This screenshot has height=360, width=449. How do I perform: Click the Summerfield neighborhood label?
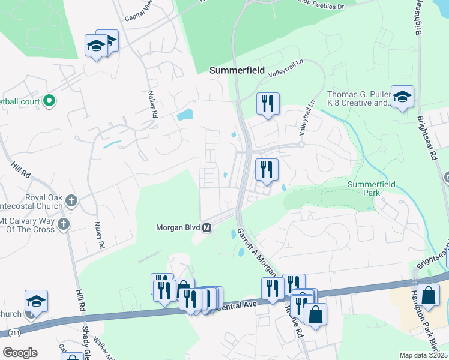click(x=237, y=70)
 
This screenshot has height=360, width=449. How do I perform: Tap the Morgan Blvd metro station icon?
click(x=207, y=228)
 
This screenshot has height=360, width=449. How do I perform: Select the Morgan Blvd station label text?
click(x=178, y=228)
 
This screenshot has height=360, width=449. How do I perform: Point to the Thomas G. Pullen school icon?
click(x=402, y=97)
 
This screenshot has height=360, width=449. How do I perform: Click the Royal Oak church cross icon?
click(x=71, y=200)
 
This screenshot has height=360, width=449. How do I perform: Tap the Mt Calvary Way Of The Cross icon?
click(x=64, y=224)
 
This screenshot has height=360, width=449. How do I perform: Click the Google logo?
click(x=20, y=353)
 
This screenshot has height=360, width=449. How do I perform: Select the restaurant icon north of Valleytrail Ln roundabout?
click(x=267, y=103)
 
